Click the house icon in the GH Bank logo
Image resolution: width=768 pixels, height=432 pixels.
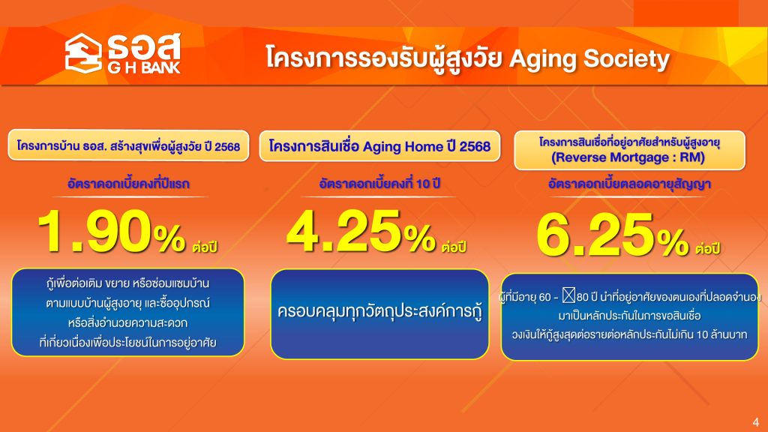(83, 53)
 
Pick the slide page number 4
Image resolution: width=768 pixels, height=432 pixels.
(756, 421)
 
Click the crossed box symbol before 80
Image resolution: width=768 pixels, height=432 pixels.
(568, 295)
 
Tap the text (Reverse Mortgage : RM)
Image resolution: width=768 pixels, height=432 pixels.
(628, 157)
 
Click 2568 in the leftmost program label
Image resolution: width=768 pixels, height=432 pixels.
(227, 146)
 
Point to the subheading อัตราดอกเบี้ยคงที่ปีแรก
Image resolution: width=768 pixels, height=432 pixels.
(128, 184)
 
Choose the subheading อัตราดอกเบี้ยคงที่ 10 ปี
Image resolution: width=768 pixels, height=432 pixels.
(379, 183)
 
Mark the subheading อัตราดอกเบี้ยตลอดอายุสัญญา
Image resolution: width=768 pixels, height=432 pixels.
(629, 184)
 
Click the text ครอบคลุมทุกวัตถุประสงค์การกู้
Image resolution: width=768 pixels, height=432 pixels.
(379, 311)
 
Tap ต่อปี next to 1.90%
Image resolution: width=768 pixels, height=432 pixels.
(205, 246)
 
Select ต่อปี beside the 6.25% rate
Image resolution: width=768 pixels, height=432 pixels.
(708, 248)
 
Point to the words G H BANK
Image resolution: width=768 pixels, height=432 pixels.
(144, 67)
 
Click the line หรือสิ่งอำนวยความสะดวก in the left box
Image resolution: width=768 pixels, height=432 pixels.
(127, 322)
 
